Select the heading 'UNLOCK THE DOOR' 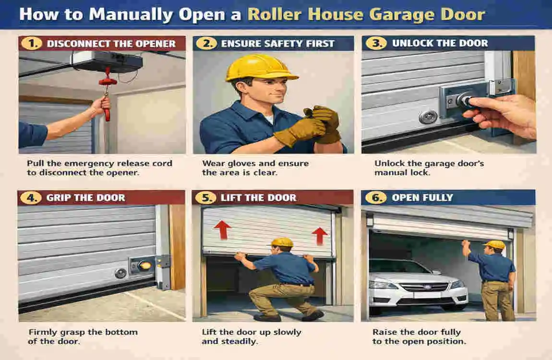tap(439, 44)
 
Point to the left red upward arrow tap(221, 230)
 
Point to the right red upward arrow tap(319, 236)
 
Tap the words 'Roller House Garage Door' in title tap(366, 14)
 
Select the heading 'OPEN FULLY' tap(422, 197)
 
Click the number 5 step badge tap(205, 197)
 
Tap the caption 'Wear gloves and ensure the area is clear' tap(255, 168)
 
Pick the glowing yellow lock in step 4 tap(143, 264)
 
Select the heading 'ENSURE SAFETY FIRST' tap(277, 44)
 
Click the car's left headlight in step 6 tap(381, 285)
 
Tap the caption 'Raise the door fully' tap(416, 332)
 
